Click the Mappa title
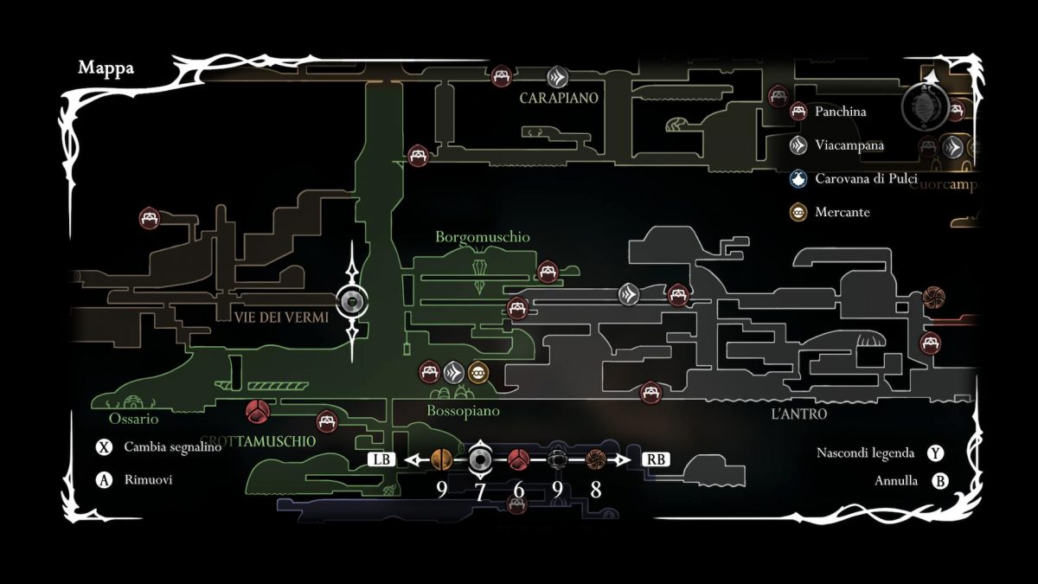click(106, 68)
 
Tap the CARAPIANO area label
click(559, 99)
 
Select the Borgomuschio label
click(483, 237)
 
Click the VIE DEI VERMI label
click(281, 318)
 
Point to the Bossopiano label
click(463, 412)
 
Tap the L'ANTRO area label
click(798, 414)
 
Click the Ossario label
click(134, 419)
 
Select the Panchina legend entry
click(840, 112)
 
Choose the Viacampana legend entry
click(849, 145)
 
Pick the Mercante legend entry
click(842, 212)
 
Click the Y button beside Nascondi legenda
click(935, 452)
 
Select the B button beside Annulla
click(939, 481)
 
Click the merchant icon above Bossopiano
click(478, 374)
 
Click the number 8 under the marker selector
click(596, 490)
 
